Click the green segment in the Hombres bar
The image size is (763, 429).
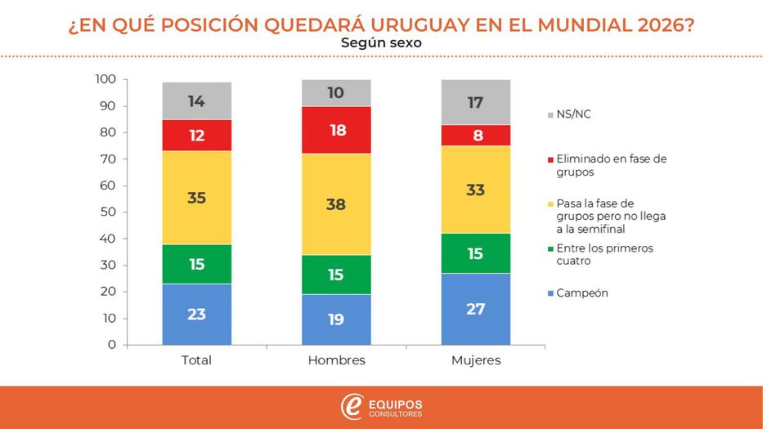click(336, 275)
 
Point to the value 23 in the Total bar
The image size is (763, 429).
click(196, 314)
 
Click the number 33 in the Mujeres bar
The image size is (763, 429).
click(475, 190)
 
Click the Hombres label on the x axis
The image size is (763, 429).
click(336, 360)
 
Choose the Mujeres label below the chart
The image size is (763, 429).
click(475, 360)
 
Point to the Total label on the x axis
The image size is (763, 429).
click(196, 360)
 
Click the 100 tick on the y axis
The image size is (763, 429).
click(105, 79)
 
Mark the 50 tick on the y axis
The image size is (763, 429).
click(109, 212)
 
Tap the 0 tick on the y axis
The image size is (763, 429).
click(112, 345)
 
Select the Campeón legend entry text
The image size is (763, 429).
click(582, 293)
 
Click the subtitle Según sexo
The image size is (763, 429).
click(381, 42)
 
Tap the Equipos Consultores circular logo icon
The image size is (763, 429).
click(352, 407)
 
